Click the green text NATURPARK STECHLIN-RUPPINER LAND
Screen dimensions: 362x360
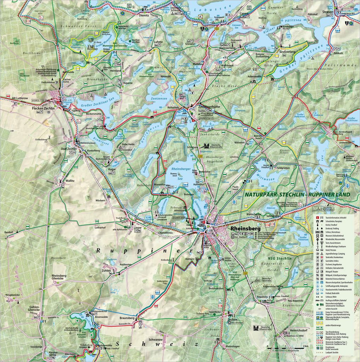pyautogui.click(x=297, y=195)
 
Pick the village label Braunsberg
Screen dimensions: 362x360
pyautogui.click(x=125, y=317)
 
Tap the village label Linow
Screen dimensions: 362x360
pyautogui.click(x=137, y=228)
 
